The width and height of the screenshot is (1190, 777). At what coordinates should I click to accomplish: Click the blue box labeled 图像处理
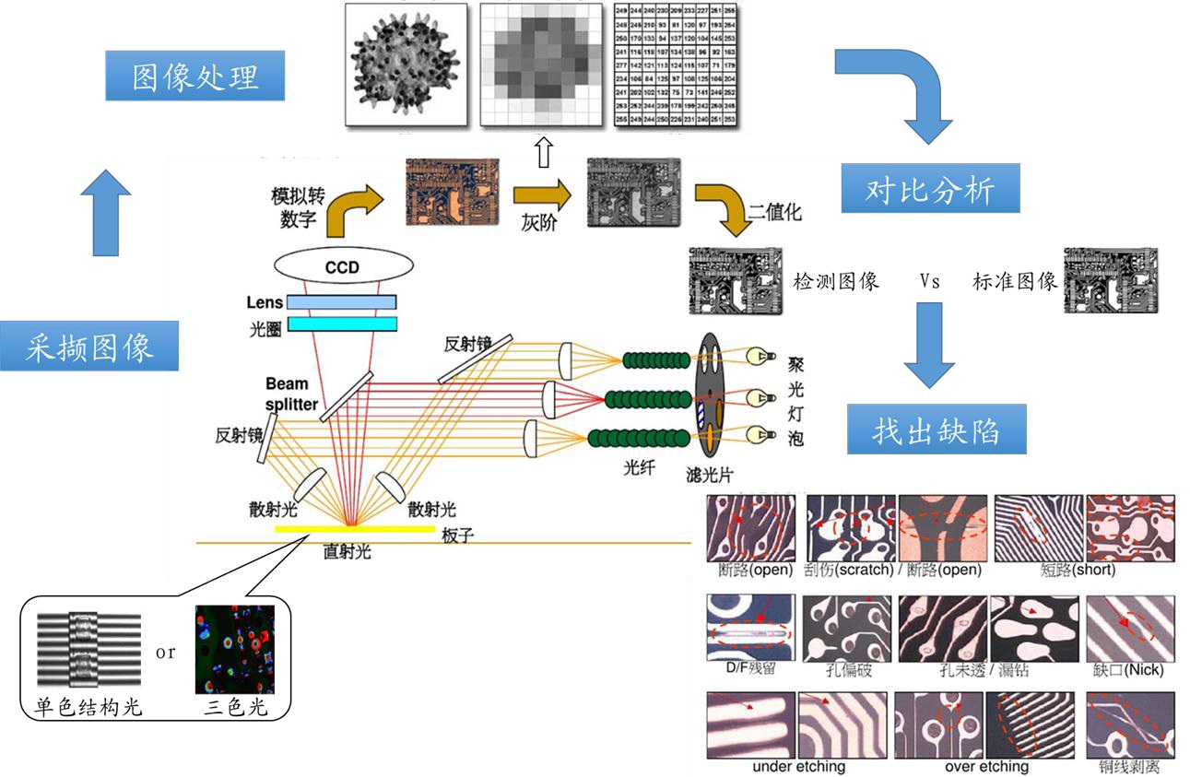point(194,76)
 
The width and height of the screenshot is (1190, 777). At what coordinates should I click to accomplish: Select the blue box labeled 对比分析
point(931,192)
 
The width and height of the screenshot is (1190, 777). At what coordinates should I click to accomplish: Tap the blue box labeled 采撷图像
point(89,347)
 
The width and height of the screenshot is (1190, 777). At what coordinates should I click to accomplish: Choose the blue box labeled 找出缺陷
point(937,430)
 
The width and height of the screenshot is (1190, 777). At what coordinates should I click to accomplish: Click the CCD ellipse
point(341,268)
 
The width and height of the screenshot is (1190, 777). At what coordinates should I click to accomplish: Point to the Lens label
point(265,302)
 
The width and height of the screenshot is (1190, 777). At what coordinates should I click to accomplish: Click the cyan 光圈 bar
point(342,324)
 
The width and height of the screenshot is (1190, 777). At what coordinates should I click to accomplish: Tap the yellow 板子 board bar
point(355,528)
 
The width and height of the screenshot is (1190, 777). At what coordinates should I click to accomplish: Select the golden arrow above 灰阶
point(537,194)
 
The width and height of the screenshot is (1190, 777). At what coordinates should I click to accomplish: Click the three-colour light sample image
point(235,649)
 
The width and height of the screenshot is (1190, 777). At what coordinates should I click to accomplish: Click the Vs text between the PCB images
point(929,282)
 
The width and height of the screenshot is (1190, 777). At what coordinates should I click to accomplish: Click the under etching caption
point(798,766)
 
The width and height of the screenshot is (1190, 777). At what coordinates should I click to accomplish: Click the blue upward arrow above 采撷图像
point(105,213)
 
